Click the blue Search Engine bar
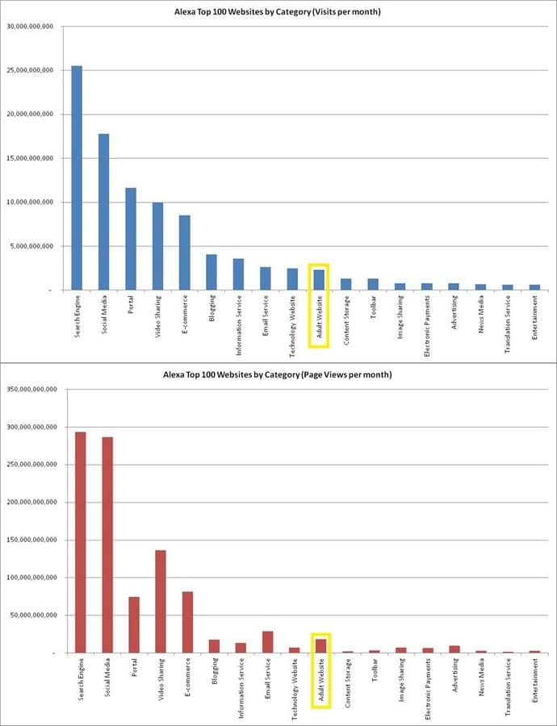tap(77, 177)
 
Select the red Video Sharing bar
tap(161, 601)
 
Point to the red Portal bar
tap(134, 624)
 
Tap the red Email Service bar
tap(267, 642)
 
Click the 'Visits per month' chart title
tap(278, 12)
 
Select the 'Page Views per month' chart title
tap(278, 375)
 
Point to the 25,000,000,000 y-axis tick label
tap(29, 70)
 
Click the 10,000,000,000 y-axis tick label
tap(29, 202)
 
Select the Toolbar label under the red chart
tap(374, 677)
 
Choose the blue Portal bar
tap(131, 239)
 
